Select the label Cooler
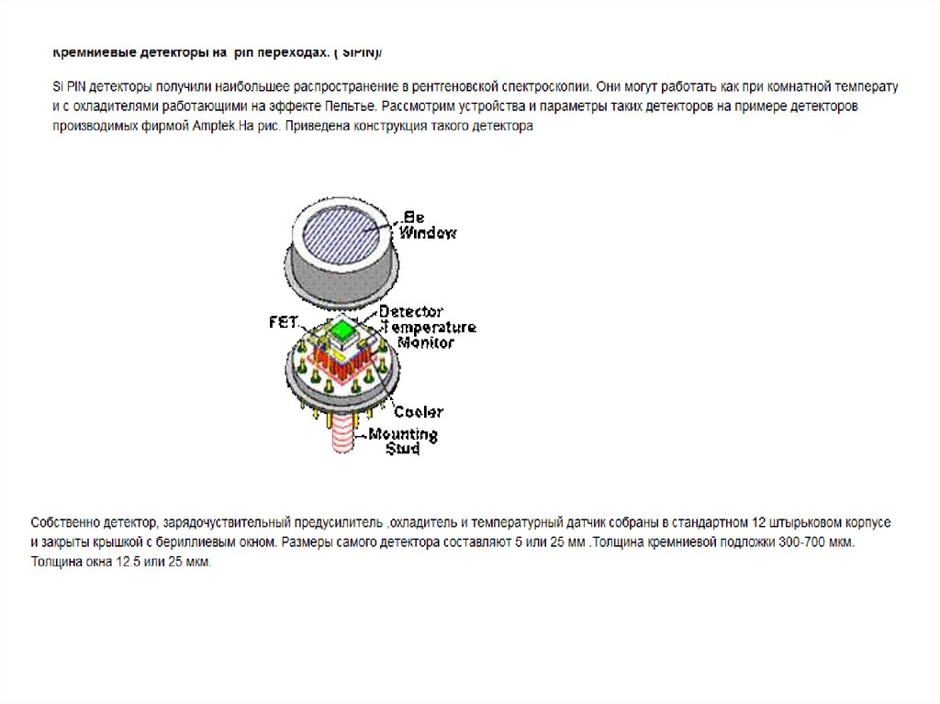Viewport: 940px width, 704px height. (x=418, y=412)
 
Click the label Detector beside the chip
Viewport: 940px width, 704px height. (x=410, y=312)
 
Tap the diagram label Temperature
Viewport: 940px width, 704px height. (x=428, y=327)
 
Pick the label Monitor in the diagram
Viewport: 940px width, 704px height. (x=425, y=342)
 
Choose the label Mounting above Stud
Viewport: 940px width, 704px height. (x=403, y=434)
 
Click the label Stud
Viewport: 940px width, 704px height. (x=402, y=449)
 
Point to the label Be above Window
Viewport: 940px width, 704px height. (x=413, y=218)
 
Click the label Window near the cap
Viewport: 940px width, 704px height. (x=427, y=234)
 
